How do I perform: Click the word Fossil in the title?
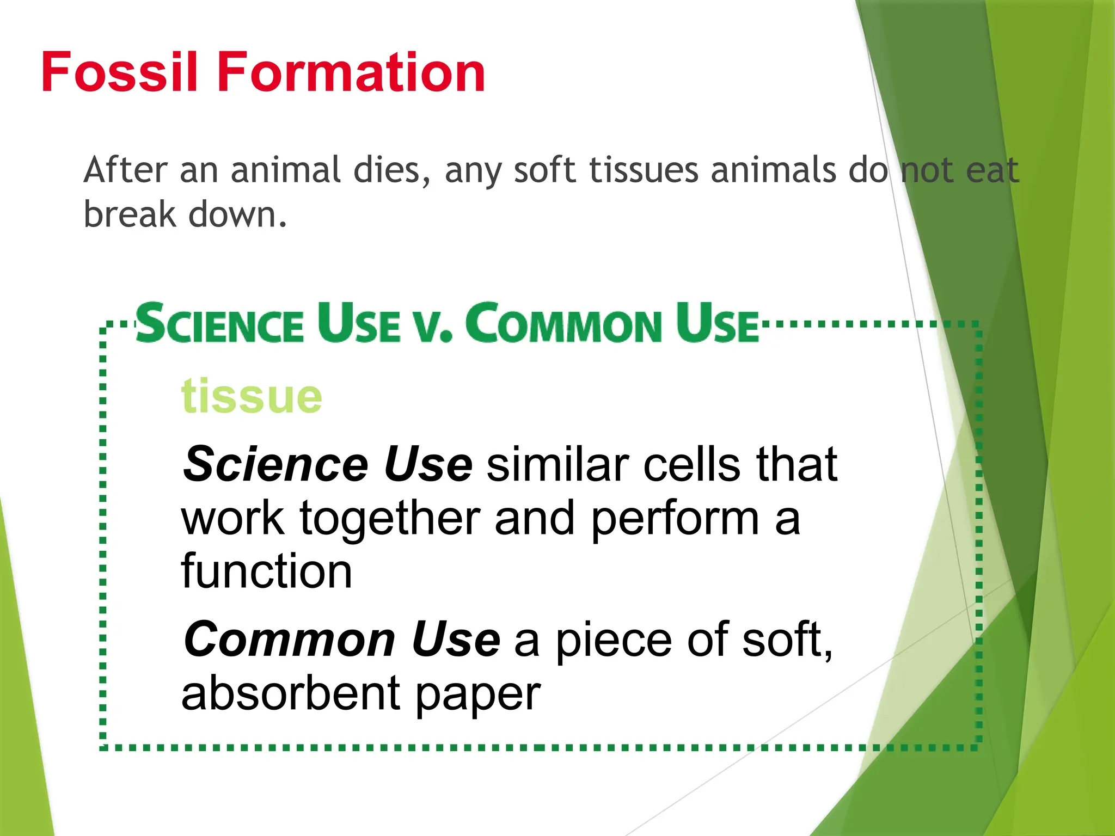pos(119,72)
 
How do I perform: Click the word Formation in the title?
pos(351,72)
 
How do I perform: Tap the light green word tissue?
pos(252,396)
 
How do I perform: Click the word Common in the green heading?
pos(563,323)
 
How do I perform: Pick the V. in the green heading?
pos(433,325)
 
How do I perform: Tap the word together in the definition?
pos(390,518)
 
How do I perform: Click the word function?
pos(266,571)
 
